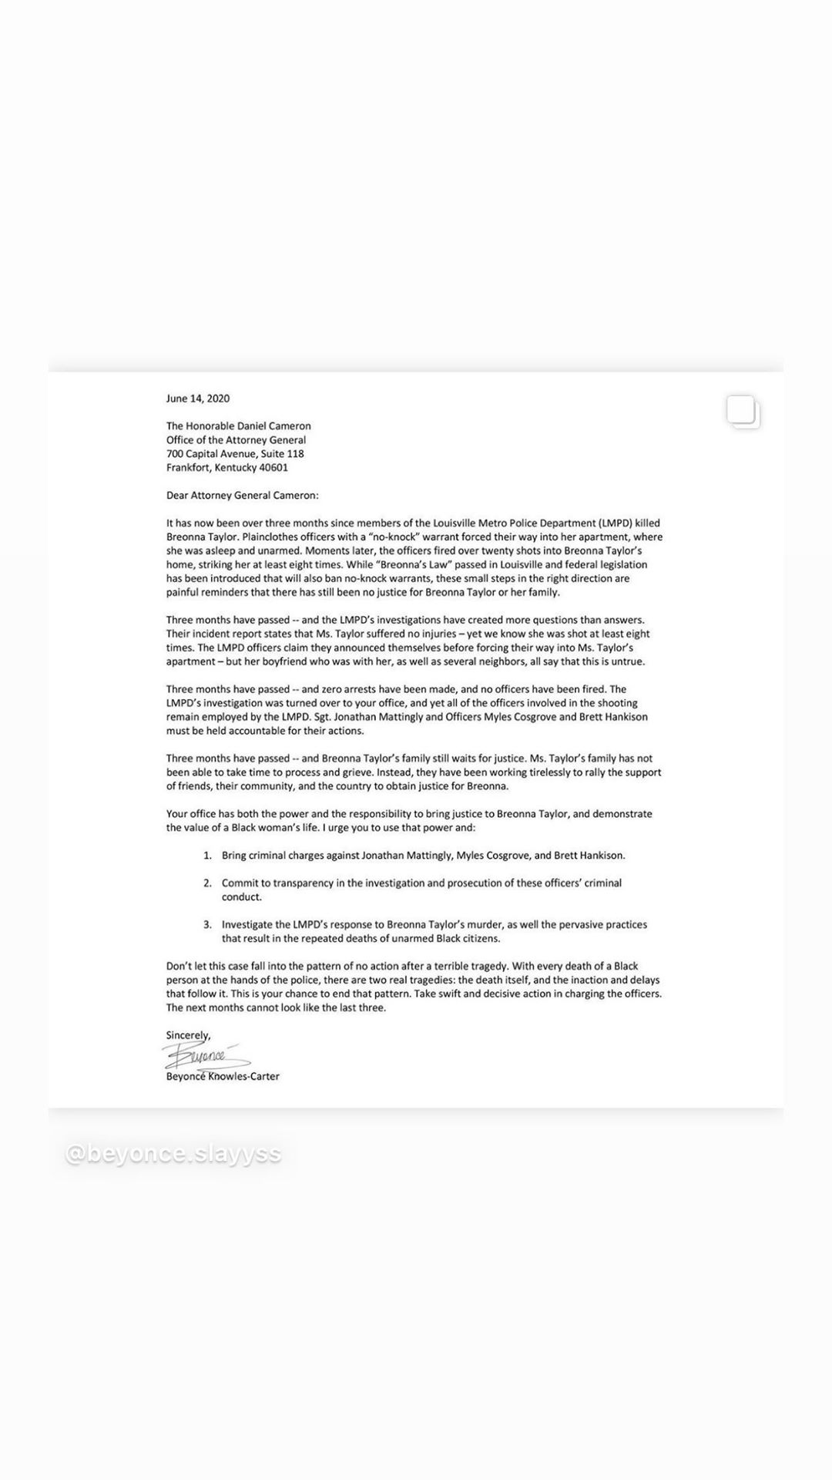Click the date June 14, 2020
pyautogui.click(x=198, y=399)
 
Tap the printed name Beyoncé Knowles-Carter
pyautogui.click(x=223, y=1077)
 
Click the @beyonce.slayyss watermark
pyautogui.click(x=173, y=1154)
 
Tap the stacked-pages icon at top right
pyautogui.click(x=743, y=412)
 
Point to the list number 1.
pyautogui.click(x=207, y=856)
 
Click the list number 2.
pyautogui.click(x=207, y=883)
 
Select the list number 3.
pyautogui.click(x=207, y=925)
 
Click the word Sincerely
pyautogui.click(x=188, y=1035)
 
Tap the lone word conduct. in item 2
pyautogui.click(x=242, y=897)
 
